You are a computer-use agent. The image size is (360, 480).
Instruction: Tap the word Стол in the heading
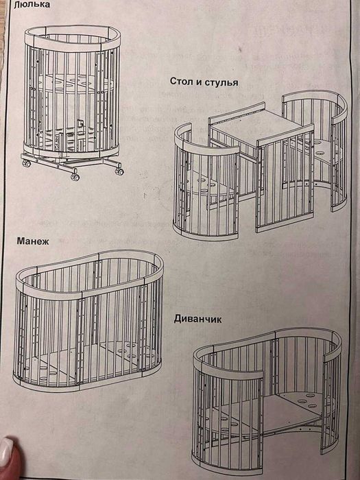coord(182,82)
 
